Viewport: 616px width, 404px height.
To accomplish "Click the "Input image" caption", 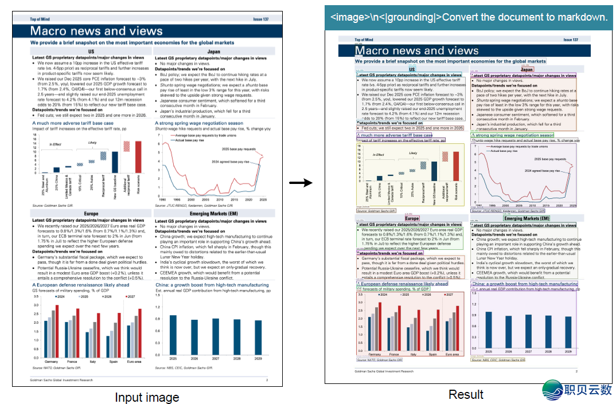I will pos(147,397).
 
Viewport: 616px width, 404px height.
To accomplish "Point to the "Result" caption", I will pos(466,395).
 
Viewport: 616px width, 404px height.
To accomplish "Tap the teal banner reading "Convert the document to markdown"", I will pos(469,17).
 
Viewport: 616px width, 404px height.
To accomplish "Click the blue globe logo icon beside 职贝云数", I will pos(553,390).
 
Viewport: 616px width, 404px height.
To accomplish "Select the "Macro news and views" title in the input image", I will pos(96,31).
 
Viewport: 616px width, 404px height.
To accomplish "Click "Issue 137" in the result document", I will pos(571,40).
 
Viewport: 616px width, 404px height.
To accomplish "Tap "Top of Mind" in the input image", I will pos(41,19).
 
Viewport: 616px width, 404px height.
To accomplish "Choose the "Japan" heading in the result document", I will pos(526,69).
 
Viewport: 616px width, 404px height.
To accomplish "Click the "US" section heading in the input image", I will pos(91,52).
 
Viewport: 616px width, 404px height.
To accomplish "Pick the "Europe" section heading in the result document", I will pos(412,218).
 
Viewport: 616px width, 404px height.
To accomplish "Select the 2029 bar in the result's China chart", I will pos(568,332).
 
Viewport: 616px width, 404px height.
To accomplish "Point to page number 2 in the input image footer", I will pos(267,380).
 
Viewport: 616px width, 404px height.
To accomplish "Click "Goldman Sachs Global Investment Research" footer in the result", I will pos(384,371).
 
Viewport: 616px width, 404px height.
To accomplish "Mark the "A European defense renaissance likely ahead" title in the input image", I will pos(80,285).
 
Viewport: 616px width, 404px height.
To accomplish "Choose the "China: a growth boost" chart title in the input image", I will pos(212,285).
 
